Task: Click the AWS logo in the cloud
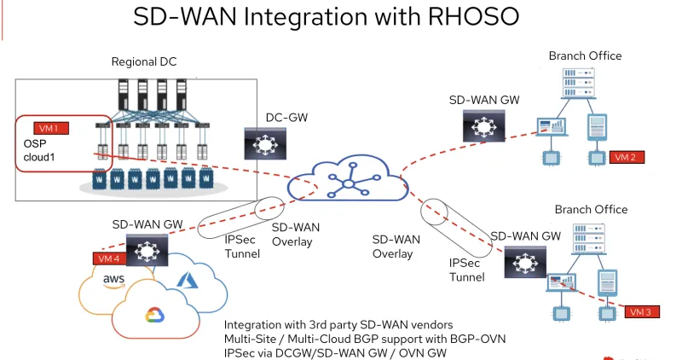114,281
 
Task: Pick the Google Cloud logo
154,316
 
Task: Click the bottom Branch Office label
591,210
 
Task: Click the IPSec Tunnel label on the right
466,270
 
